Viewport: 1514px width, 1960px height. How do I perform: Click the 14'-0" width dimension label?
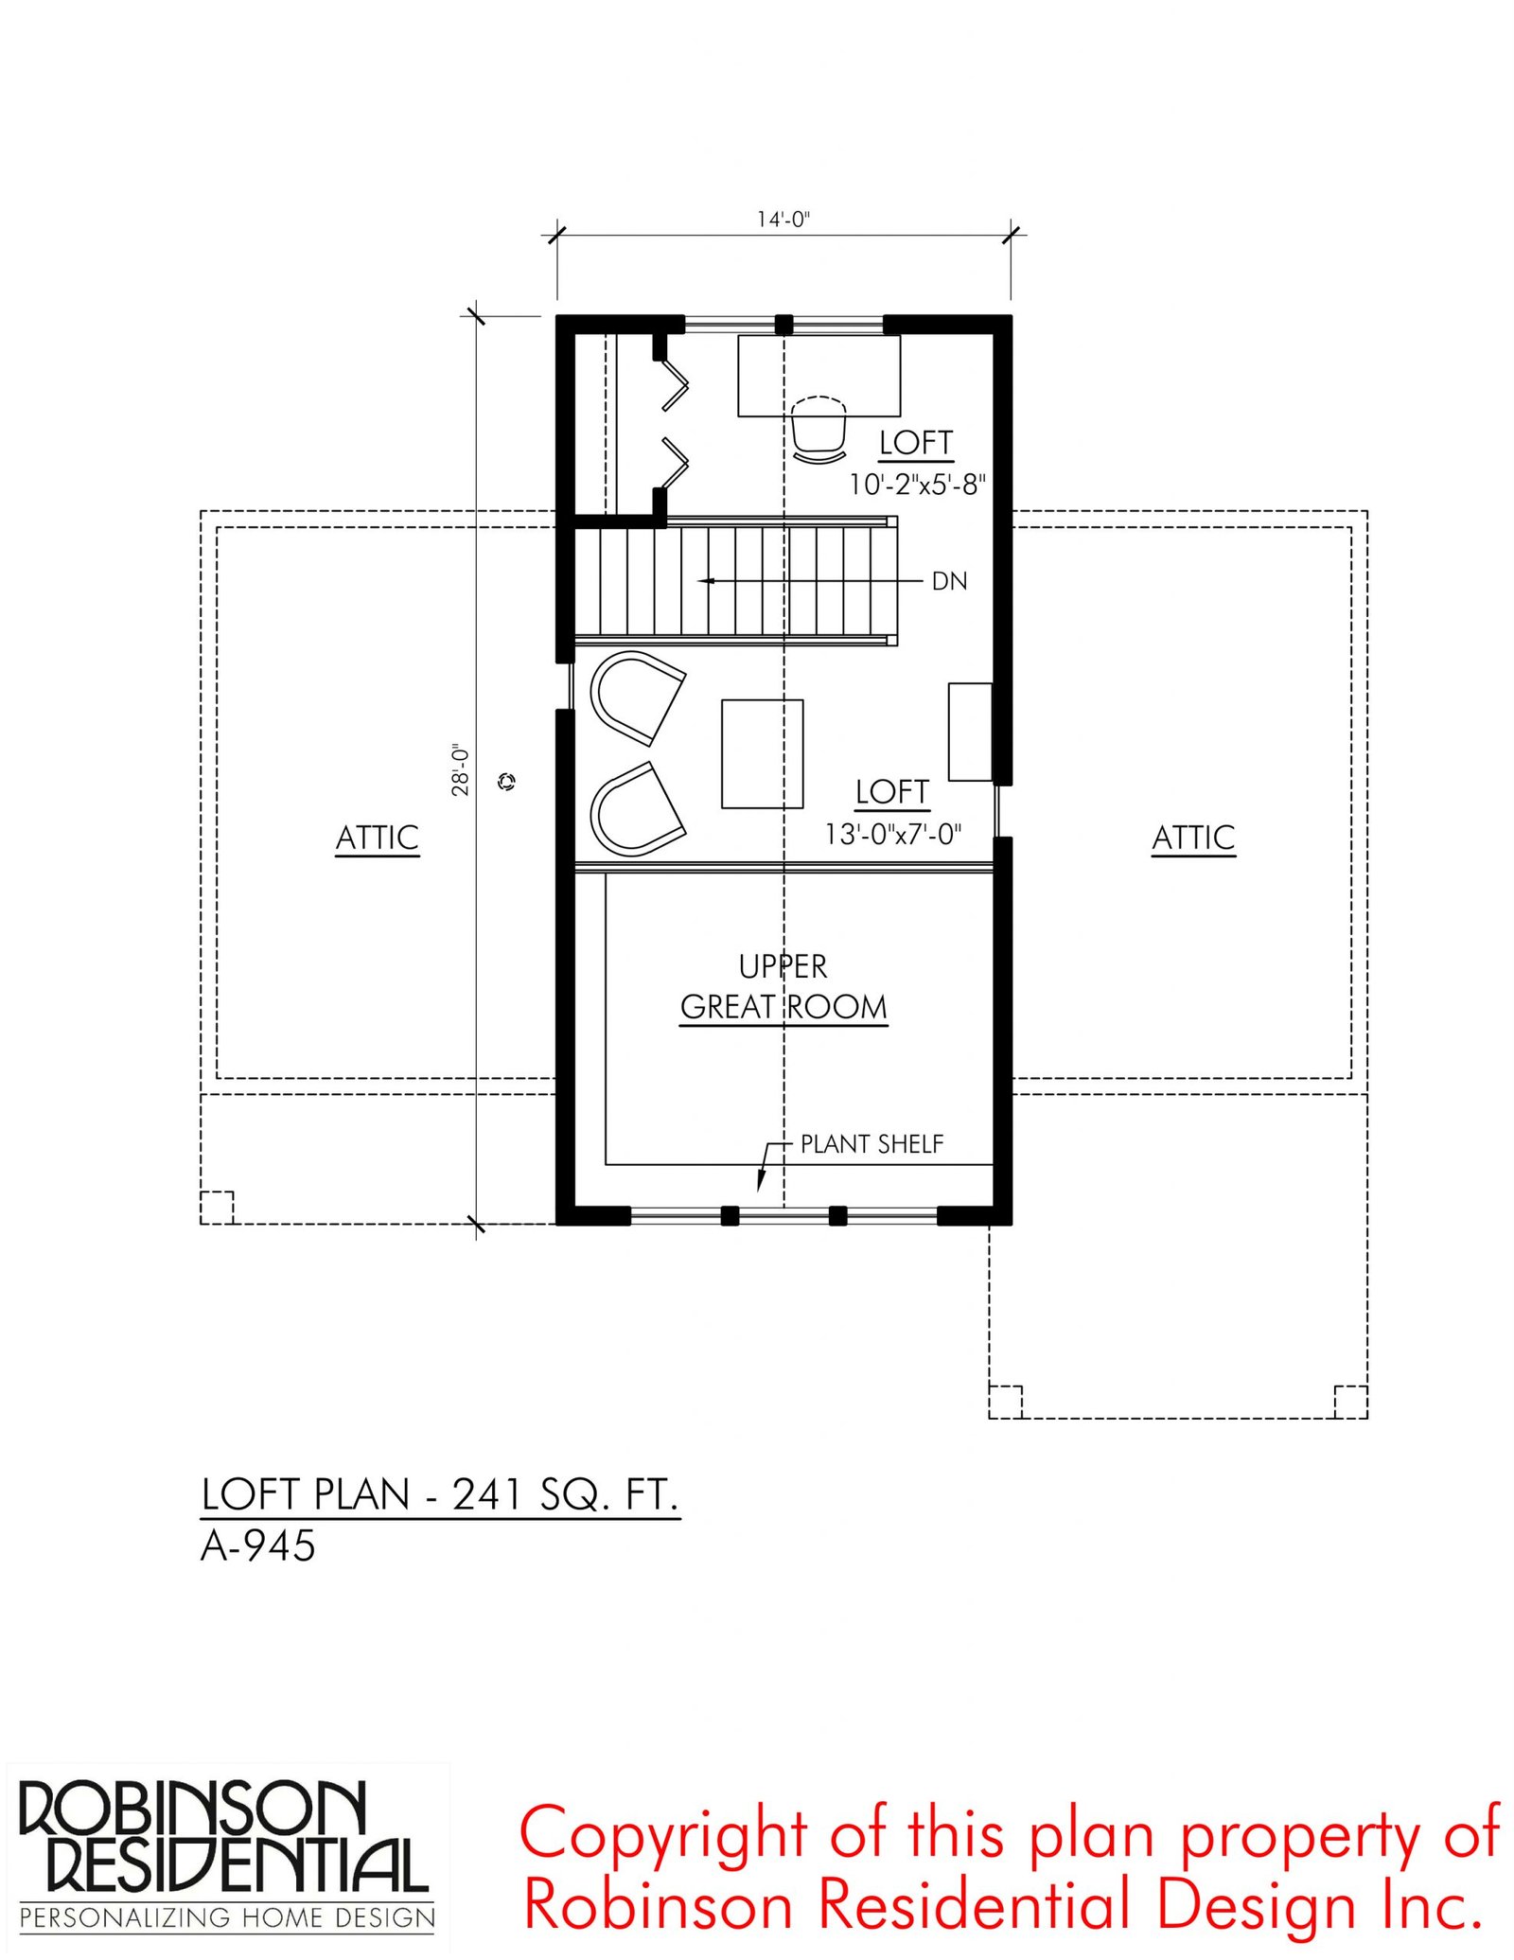tap(783, 220)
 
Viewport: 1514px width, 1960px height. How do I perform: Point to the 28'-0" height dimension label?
tap(461, 768)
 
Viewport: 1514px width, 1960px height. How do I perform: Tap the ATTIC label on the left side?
tap(378, 838)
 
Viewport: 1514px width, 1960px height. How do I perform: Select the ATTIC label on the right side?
tap(1193, 838)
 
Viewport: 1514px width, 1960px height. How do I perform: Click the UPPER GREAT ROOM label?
tap(783, 986)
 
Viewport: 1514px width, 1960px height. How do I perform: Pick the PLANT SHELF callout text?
tap(871, 1144)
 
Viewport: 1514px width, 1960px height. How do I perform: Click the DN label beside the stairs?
tap(950, 581)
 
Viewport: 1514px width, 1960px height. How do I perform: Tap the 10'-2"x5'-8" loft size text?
tap(917, 485)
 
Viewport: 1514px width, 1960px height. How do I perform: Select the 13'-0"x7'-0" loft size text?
tap(893, 834)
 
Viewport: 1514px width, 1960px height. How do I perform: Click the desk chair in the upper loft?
tap(819, 431)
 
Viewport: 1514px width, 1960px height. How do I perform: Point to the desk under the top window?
tap(819, 376)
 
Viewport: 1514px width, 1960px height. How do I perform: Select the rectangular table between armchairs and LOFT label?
tap(763, 754)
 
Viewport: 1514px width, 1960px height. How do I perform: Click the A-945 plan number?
tap(258, 1546)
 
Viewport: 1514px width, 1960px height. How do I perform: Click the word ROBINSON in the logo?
tap(192, 1809)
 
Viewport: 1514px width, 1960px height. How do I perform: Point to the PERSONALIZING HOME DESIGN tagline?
tap(227, 1918)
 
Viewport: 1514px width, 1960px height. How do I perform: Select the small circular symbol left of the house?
tap(507, 781)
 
